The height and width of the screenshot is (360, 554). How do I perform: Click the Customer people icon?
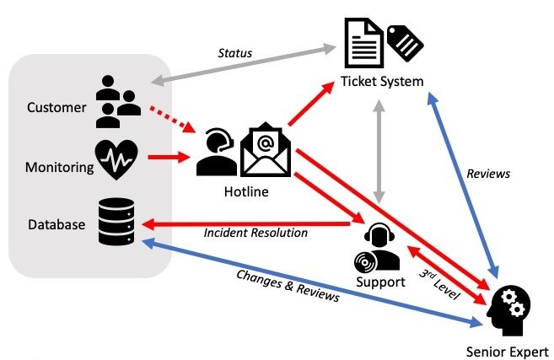coord(118,102)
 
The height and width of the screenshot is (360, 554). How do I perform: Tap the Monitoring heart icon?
coord(116,159)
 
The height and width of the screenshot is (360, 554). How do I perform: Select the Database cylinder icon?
coord(116,222)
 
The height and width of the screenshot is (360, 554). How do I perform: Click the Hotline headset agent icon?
coord(216,152)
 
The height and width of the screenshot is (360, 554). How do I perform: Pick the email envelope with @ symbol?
coord(266,149)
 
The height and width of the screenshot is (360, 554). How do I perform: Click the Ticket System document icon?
coord(364,43)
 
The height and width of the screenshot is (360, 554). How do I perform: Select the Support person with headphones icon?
coord(377,247)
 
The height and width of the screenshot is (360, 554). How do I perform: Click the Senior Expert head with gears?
coord(508,311)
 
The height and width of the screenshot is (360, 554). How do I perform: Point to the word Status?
coord(235,53)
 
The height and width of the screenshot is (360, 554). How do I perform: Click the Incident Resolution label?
coord(255,233)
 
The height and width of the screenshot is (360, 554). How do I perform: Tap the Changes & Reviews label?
coord(288,286)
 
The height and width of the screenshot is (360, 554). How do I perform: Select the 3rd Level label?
coord(439,283)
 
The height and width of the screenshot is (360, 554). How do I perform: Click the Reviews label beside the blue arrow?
coord(488,174)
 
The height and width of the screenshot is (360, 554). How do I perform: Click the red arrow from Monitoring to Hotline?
coord(169,157)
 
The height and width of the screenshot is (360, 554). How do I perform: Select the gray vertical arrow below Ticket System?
coord(379,152)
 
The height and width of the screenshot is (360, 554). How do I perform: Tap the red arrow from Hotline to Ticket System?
coord(311,103)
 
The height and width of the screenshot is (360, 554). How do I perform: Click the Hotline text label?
coord(246,191)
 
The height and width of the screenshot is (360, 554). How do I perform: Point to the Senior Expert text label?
coord(507,352)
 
